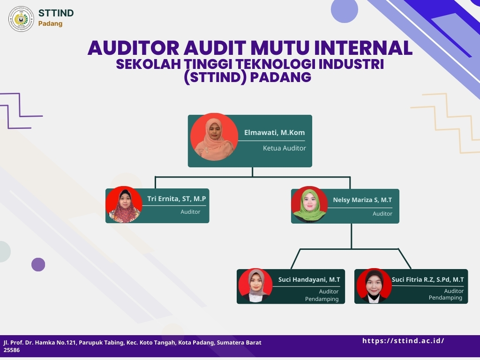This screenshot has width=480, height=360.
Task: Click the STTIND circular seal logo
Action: pos(21,19)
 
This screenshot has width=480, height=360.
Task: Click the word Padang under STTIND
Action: pos(50,24)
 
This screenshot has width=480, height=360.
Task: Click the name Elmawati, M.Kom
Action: pos(274,133)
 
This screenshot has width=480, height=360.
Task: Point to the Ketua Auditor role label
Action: pos(285,148)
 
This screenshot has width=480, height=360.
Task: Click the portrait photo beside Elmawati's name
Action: pos(214,137)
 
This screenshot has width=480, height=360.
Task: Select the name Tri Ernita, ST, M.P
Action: pos(177,199)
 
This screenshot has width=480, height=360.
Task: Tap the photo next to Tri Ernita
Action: pos(124,204)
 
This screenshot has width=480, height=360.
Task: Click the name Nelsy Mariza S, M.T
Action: pos(362,200)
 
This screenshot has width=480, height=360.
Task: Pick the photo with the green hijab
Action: pos(309,204)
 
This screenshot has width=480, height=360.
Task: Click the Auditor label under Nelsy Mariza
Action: pos(382,214)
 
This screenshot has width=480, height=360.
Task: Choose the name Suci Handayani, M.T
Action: pos(309,279)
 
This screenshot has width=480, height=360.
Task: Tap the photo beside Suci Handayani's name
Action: pos(255,285)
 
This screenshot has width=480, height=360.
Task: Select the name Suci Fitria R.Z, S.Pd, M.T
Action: pos(427,279)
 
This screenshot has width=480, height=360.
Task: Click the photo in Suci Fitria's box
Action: pos(374,286)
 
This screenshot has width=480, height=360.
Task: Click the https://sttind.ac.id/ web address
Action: pos(403,341)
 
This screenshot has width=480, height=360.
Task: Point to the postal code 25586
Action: pos(12,350)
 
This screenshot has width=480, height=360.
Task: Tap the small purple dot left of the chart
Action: pos(38,264)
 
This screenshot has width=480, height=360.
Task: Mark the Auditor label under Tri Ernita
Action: pos(190,212)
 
